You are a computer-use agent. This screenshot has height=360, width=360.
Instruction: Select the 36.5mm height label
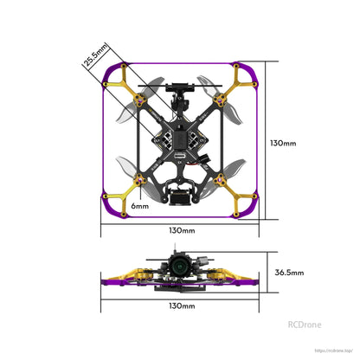289,272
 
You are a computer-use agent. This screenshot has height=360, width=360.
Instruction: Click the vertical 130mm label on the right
282,143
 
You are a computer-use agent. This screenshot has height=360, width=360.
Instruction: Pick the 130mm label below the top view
181,231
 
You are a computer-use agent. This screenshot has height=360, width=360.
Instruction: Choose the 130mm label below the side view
181,305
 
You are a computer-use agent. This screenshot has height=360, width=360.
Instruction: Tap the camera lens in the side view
178,268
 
